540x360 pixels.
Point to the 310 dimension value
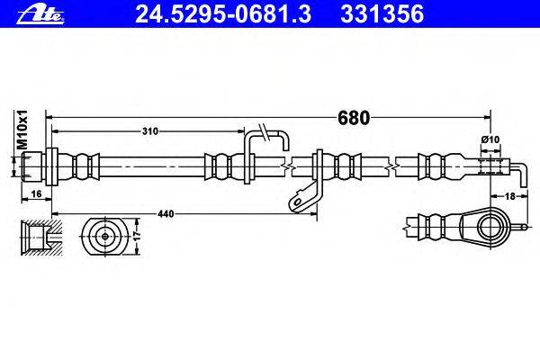(x=150, y=131)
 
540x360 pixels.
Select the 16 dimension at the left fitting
(x=35, y=193)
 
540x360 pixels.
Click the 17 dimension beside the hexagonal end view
(x=137, y=237)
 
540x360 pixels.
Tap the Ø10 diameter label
(x=490, y=140)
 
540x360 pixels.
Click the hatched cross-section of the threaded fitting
(x=36, y=237)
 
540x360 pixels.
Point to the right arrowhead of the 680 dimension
(x=486, y=117)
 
